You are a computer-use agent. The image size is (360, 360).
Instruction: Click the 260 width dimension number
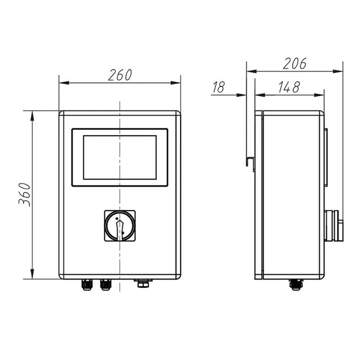[120, 75]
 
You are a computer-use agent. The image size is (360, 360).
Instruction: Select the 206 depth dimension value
[295, 64]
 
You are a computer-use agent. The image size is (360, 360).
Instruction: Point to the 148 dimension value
[289, 87]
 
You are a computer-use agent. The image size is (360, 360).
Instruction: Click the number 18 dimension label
[218, 88]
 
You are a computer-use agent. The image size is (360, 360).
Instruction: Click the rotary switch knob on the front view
[119, 226]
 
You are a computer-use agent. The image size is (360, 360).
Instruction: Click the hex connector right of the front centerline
[142, 283]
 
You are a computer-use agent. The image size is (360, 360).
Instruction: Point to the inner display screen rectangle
[119, 157]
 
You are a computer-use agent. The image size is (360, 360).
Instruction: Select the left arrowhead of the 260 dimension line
[62, 83]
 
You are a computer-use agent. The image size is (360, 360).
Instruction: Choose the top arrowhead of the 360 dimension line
[32, 113]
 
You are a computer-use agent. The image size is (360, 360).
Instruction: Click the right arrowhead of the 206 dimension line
[341, 71]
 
